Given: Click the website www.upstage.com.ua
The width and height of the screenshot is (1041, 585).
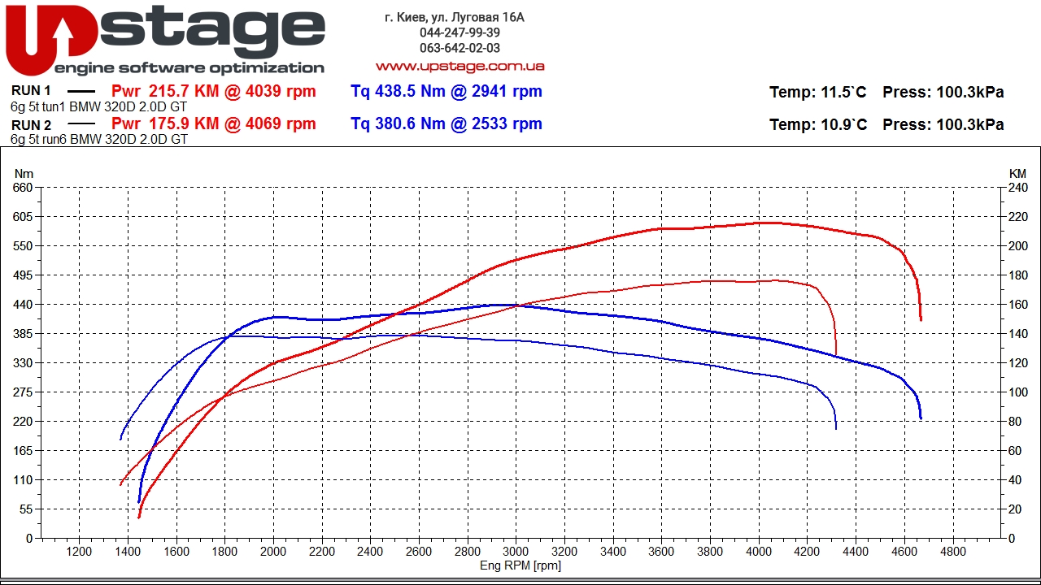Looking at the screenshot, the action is (x=460, y=67).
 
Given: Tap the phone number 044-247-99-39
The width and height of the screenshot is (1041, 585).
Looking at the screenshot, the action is (x=460, y=32).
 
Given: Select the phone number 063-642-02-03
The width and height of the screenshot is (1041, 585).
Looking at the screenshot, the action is (x=460, y=48).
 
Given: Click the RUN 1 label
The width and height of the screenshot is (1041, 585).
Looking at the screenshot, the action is (x=31, y=90).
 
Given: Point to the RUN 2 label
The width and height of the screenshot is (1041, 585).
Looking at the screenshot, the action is (x=31, y=125).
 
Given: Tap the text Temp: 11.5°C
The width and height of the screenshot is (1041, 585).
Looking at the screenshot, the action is (x=817, y=92).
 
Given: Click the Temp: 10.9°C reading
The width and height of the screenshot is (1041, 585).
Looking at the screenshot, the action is (x=818, y=124).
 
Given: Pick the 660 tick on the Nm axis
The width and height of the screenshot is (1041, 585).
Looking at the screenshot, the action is (x=23, y=188).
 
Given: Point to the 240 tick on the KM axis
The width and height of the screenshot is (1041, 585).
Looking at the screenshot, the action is (x=1017, y=188).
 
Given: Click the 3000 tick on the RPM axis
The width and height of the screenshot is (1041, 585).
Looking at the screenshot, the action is (x=516, y=552).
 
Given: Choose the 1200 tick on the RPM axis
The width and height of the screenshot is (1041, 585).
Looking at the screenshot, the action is (x=79, y=552).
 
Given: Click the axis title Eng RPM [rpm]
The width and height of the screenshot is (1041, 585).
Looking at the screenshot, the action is (x=520, y=565).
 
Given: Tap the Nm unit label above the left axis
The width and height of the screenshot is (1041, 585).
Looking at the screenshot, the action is (x=24, y=174).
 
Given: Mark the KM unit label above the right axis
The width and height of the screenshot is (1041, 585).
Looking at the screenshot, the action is (x=1017, y=174).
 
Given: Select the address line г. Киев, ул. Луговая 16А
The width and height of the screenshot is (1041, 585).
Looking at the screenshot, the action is (x=455, y=17).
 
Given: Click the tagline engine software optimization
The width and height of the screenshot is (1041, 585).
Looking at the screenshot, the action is (x=189, y=68).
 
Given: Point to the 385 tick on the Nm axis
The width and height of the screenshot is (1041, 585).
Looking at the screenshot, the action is (x=23, y=334).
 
